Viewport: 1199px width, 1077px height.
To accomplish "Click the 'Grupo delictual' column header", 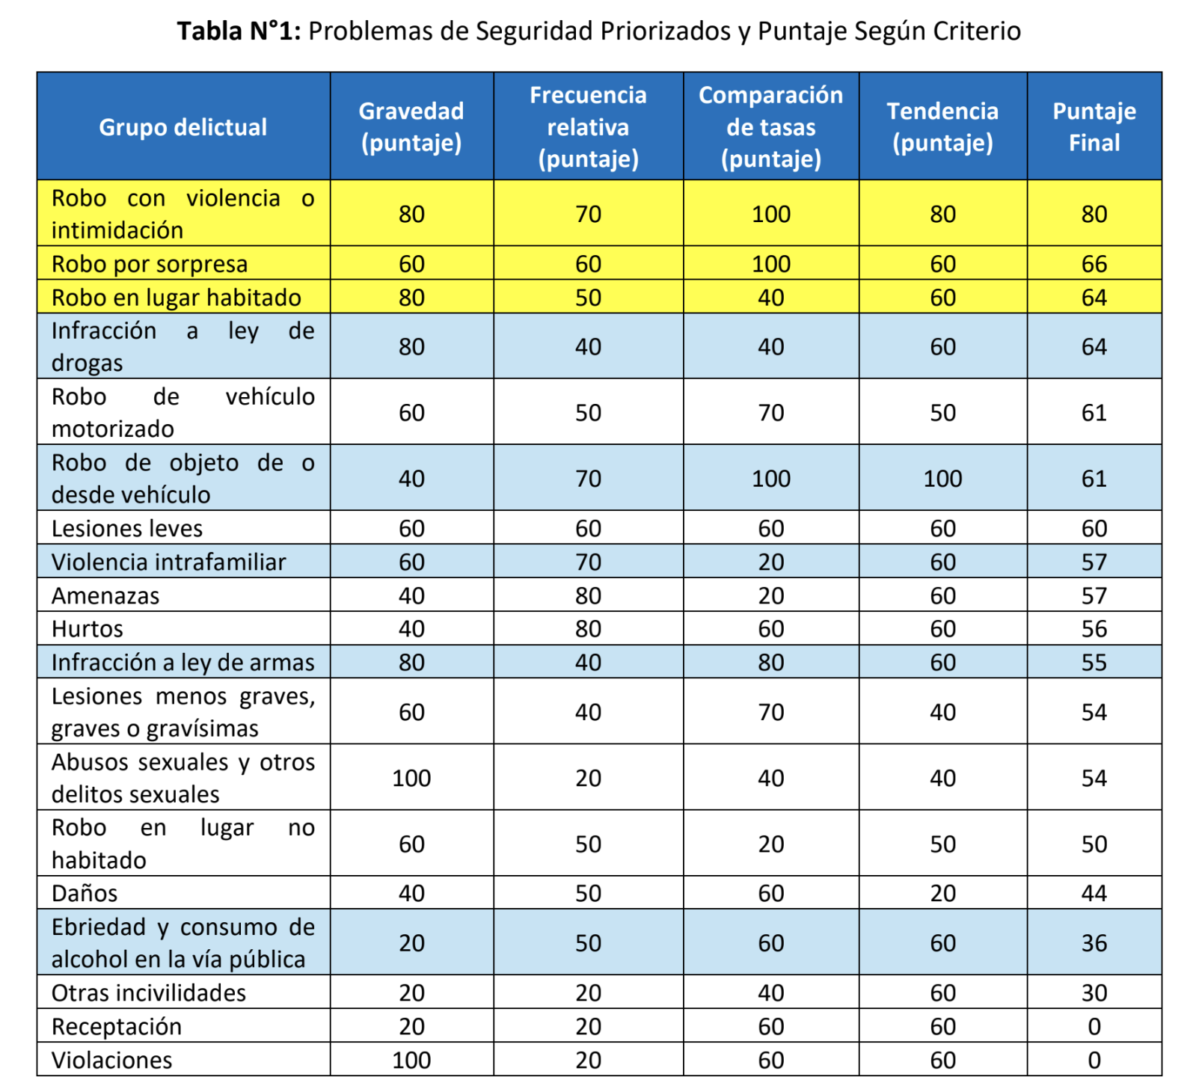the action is pos(183,127).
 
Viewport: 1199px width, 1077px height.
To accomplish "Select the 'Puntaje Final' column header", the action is pos(1094,127).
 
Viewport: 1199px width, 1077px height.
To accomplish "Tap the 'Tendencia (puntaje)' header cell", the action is pos(942,127).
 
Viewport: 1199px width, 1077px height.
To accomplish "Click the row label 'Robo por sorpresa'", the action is pos(150,264).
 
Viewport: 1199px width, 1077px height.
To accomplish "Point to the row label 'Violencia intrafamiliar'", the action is pos(168,562).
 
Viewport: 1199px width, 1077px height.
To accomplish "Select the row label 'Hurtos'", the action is pos(87,629).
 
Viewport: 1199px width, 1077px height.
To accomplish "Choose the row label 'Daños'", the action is pos(85,893).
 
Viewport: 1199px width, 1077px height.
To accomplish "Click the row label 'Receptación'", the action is pos(117,1026).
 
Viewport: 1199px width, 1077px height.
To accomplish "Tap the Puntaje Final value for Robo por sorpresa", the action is pos(1094,264).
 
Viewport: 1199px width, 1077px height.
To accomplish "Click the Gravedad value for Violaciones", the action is pos(411,1060).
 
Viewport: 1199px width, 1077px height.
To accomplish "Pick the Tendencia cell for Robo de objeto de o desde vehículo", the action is pos(942,479).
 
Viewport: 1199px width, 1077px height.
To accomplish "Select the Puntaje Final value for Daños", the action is pos(1094,893).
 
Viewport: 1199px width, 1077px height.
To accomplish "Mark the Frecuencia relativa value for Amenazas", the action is pos(588,596).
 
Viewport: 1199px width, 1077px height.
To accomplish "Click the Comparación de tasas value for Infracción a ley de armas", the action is pos(770,663).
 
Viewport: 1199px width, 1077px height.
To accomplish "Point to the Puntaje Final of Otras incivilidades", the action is pos(1094,993).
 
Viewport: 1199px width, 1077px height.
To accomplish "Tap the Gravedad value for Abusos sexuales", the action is pos(411,778).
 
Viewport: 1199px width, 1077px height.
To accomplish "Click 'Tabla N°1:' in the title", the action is pos(239,31).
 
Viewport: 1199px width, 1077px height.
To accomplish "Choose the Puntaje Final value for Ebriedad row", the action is pos(1094,943).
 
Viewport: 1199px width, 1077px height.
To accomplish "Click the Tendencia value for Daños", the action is pos(942,893).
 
